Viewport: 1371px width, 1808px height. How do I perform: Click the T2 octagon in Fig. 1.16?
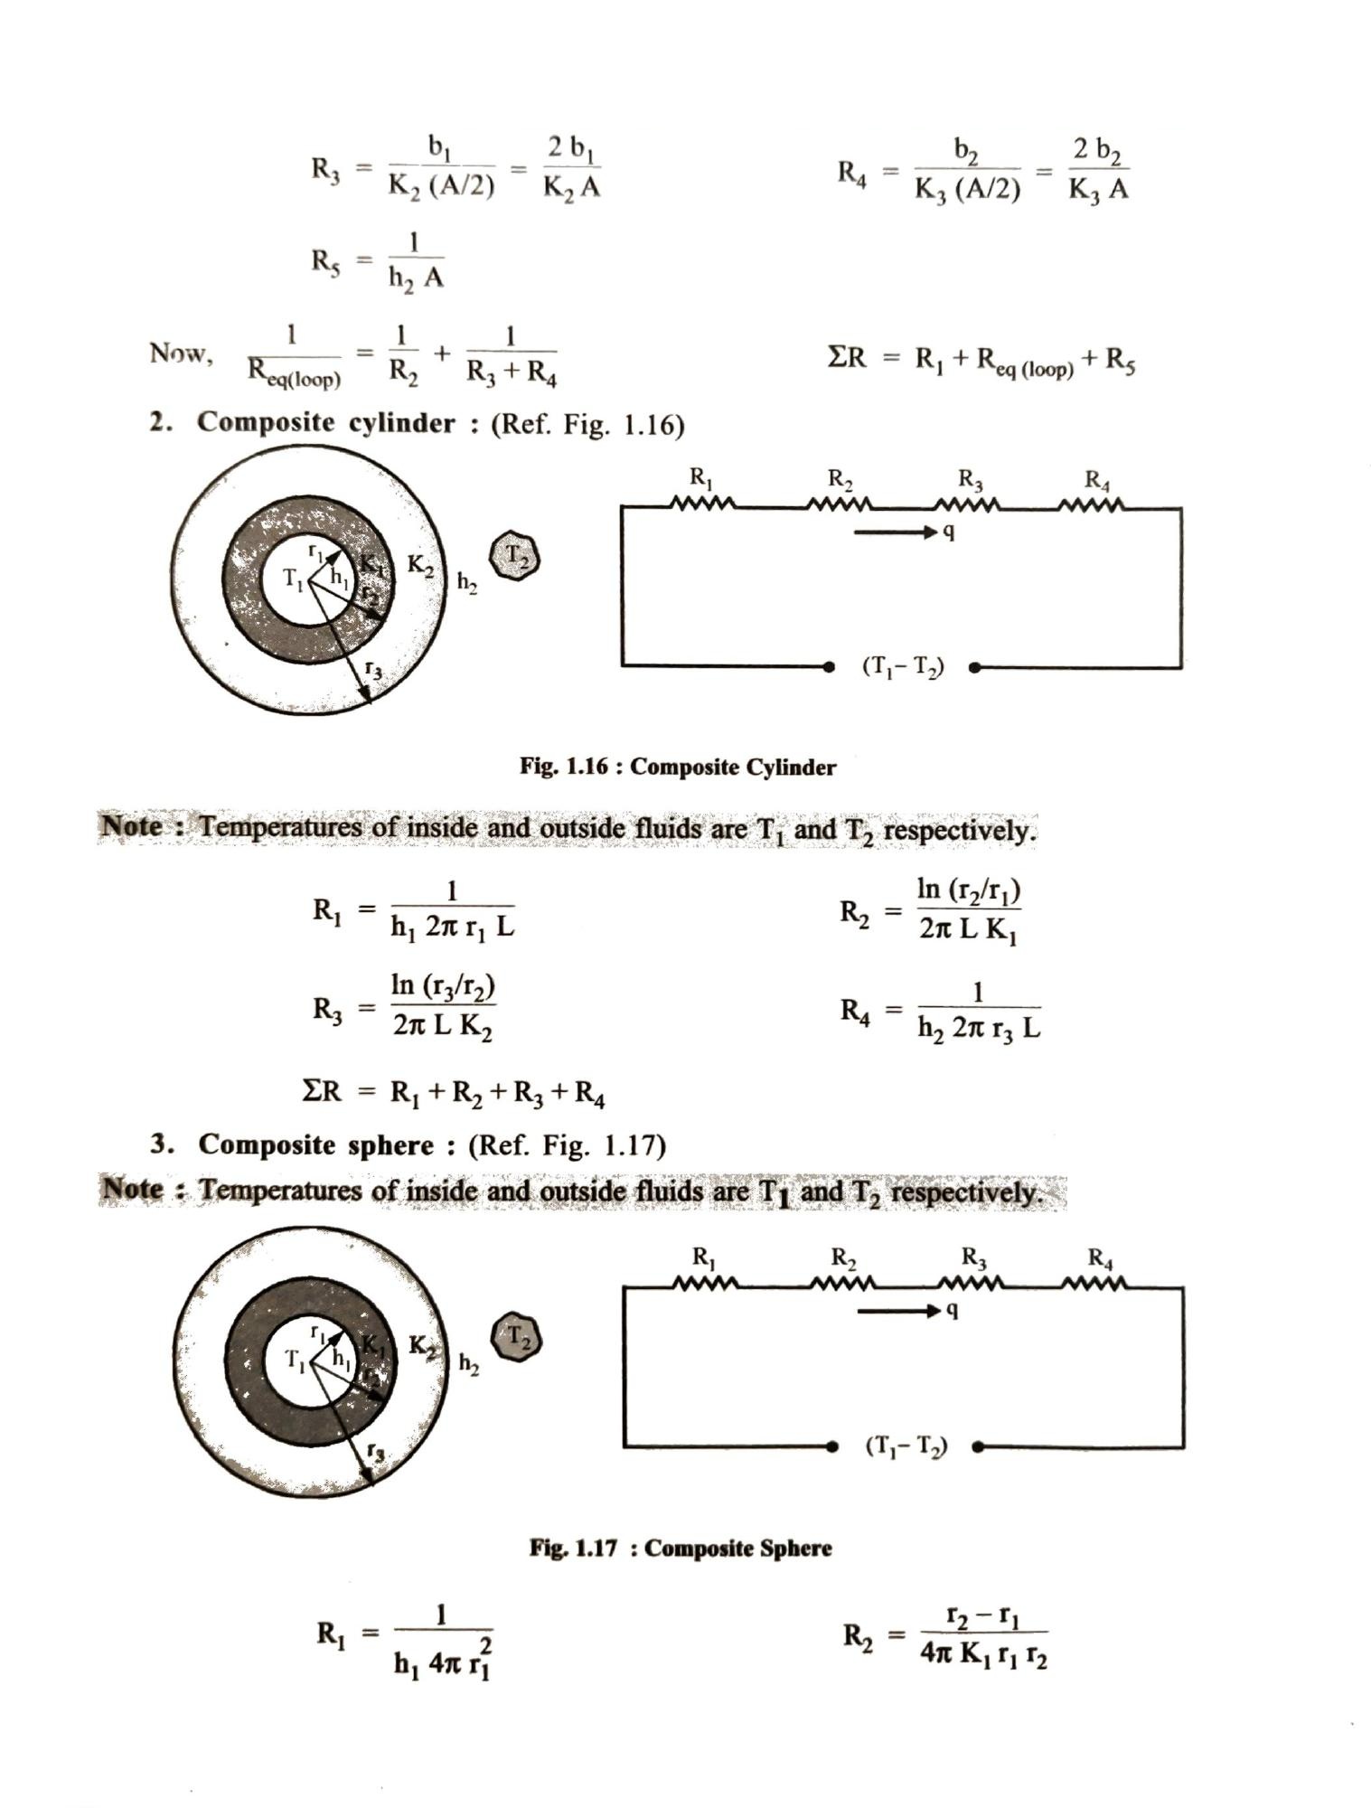(x=514, y=556)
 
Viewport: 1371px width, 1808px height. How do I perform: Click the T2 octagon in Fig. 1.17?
(x=517, y=1337)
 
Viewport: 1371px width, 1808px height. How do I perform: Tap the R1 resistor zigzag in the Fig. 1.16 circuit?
(x=702, y=503)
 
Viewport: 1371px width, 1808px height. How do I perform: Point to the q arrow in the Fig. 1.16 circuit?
(x=896, y=532)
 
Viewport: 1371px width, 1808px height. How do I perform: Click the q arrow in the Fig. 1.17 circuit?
(x=898, y=1311)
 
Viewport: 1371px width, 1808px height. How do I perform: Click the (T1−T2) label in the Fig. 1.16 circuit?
(x=903, y=667)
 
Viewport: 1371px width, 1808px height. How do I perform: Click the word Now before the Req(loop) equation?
(x=181, y=353)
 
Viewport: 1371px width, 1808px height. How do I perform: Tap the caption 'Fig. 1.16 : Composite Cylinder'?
(x=678, y=767)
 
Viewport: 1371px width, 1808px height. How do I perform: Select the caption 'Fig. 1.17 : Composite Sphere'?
(x=681, y=1548)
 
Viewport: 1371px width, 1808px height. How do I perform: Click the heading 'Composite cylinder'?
(x=326, y=422)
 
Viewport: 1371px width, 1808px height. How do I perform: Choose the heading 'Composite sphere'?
(x=316, y=1144)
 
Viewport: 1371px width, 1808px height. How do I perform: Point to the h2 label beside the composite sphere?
(x=468, y=1363)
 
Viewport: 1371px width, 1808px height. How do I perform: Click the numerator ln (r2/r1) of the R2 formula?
(x=969, y=890)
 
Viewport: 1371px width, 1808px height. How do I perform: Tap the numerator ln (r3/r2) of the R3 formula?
(x=443, y=985)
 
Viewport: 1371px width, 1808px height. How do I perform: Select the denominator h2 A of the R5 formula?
(x=416, y=278)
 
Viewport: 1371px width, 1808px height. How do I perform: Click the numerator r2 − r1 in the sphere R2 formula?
(x=983, y=1615)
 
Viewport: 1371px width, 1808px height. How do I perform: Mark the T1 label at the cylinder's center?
(x=295, y=577)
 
